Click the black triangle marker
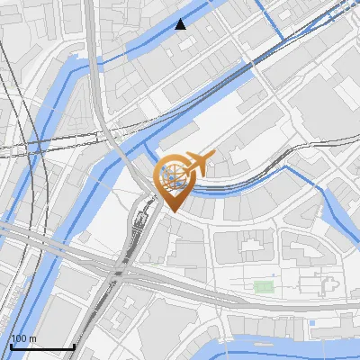[182, 24]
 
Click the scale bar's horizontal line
[41, 346]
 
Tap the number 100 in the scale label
[18, 338]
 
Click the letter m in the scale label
[31, 338]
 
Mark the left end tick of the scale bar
[10, 345]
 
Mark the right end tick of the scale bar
[73, 345]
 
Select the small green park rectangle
[263, 287]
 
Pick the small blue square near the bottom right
[311, 322]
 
